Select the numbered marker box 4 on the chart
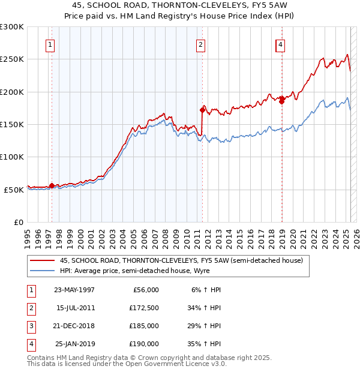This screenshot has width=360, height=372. tap(280, 44)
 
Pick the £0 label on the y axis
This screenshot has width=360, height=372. tap(19, 221)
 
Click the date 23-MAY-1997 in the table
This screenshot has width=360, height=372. tap(74, 290)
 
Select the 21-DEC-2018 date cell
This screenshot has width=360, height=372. tap(74, 326)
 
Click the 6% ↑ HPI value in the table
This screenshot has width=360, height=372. tap(206, 290)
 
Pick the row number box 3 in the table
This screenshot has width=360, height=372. tap(31, 326)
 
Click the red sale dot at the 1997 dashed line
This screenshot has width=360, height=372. tap(52, 186)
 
